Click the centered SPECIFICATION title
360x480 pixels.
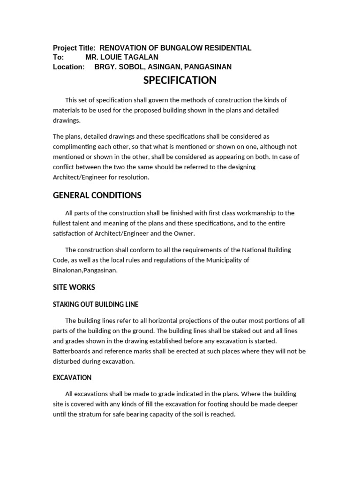pyautogui.click(x=180, y=80)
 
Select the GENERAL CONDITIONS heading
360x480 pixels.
pyautogui.click(x=97, y=195)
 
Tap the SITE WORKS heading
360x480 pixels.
pyautogui.click(x=74, y=287)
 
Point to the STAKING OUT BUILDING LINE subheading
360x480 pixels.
pyautogui.click(x=96, y=304)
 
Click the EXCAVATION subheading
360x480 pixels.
pyautogui.click(x=72, y=377)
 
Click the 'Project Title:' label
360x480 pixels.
pyautogui.click(x=74, y=48)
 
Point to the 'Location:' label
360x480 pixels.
pyautogui.click(x=68, y=67)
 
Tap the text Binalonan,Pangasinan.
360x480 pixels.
pyautogui.click(x=85, y=270)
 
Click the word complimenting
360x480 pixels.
pyautogui.click(x=74, y=146)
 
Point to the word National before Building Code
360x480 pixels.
pyautogui.click(x=257, y=250)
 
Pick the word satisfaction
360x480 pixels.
pyautogui.click(x=70, y=233)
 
